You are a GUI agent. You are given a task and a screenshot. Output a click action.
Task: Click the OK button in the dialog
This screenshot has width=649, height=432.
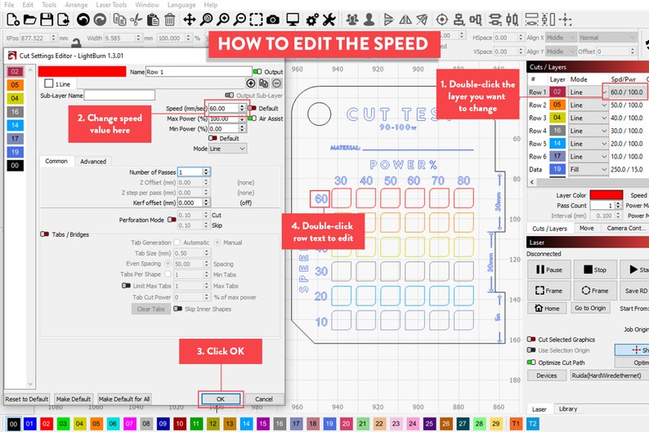coord(221,399)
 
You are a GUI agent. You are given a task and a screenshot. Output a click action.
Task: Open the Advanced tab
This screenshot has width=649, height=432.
coord(93,161)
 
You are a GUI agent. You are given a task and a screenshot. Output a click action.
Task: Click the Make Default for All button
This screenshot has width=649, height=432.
coord(124,399)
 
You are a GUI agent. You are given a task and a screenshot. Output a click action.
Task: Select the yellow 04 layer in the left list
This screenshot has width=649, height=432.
coord(14,98)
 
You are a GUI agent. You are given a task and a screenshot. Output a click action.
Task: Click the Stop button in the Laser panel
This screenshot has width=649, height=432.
coord(594,269)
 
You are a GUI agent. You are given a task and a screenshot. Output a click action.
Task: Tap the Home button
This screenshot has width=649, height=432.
coord(547,308)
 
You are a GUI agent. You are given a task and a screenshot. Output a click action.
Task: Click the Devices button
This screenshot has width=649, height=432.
coord(547,376)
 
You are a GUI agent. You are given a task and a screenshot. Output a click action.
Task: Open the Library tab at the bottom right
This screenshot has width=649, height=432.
coord(567,408)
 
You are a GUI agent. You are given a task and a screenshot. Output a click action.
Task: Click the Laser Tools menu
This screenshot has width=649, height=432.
coord(110,5)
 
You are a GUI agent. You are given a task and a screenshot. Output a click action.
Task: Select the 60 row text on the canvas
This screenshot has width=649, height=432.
coord(321,198)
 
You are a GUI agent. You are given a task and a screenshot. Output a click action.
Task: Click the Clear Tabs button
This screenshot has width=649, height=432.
coord(150,310)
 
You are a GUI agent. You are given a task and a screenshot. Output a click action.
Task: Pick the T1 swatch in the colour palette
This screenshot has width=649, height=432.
coord(516,424)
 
